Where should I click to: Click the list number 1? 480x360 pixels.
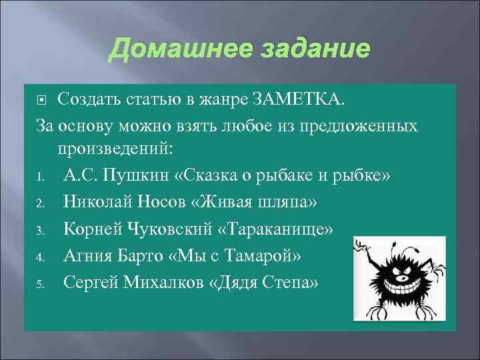[40, 177]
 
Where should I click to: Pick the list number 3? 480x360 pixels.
[40, 230]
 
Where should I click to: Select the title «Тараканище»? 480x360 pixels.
[279, 229]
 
